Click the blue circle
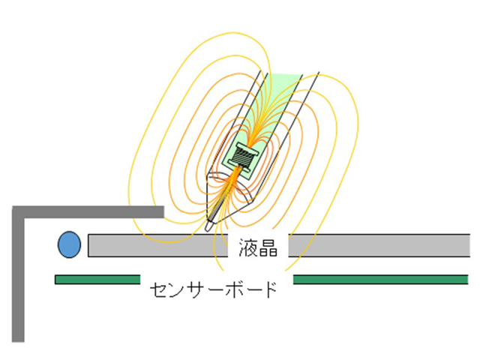click(x=70, y=244)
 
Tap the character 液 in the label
click(x=248, y=247)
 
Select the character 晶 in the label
click(x=268, y=247)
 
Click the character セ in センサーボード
click(x=158, y=290)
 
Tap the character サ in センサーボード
click(x=195, y=289)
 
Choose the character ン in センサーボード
click(x=177, y=290)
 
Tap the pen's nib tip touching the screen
click(x=208, y=228)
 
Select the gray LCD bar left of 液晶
click(x=157, y=245)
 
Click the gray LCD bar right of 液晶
click(x=379, y=245)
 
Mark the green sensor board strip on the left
click(x=97, y=280)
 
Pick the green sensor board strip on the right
click(x=381, y=280)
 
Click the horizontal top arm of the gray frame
click(x=88, y=212)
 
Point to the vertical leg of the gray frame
click(x=18, y=274)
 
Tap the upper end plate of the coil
click(x=247, y=148)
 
